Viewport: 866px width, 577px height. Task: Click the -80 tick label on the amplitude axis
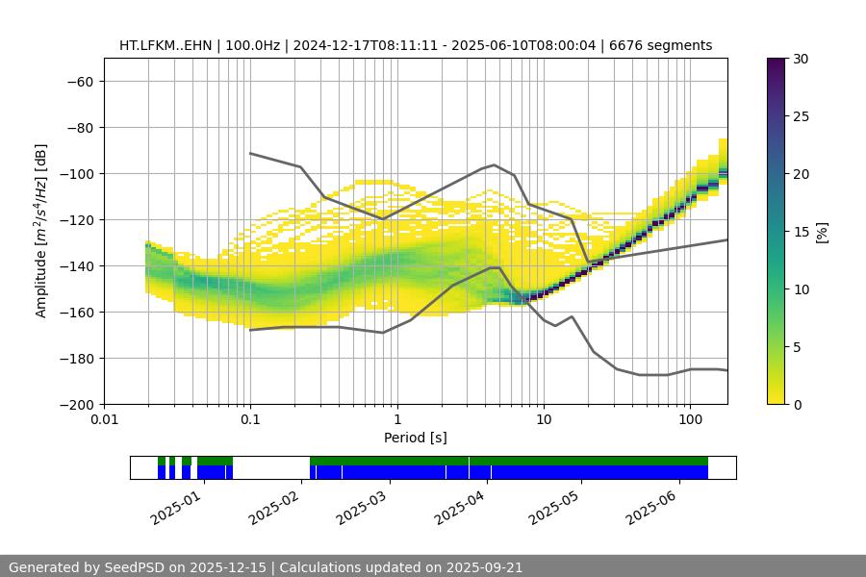[x=78, y=127]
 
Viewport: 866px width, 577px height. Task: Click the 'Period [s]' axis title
[x=416, y=438]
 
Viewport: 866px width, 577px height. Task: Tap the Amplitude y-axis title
[x=41, y=231]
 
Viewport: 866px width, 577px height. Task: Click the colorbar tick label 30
[x=800, y=59]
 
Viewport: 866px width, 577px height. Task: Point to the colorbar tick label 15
[x=800, y=232]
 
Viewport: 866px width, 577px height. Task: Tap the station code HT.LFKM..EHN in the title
[x=166, y=45]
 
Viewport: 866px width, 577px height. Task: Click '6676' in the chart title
[x=627, y=45]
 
